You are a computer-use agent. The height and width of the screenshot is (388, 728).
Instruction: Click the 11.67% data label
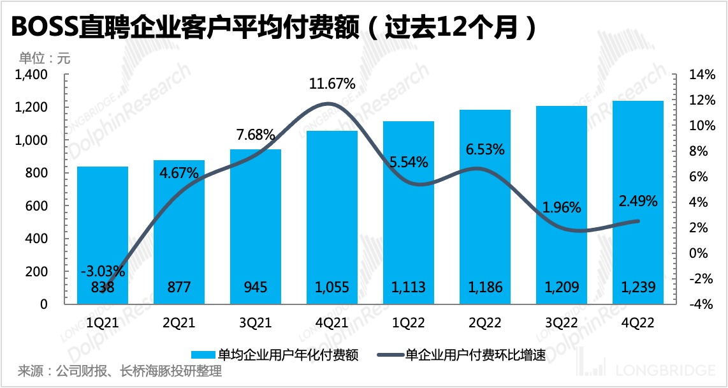point(332,85)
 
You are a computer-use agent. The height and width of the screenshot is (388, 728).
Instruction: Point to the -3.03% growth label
point(103,271)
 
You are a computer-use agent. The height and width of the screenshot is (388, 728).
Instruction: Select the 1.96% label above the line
point(562,207)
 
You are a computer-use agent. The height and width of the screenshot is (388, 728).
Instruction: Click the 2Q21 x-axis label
point(179,323)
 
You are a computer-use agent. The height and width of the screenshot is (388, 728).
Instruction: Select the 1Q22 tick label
point(409,323)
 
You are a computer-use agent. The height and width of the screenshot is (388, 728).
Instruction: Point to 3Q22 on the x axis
point(562,323)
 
